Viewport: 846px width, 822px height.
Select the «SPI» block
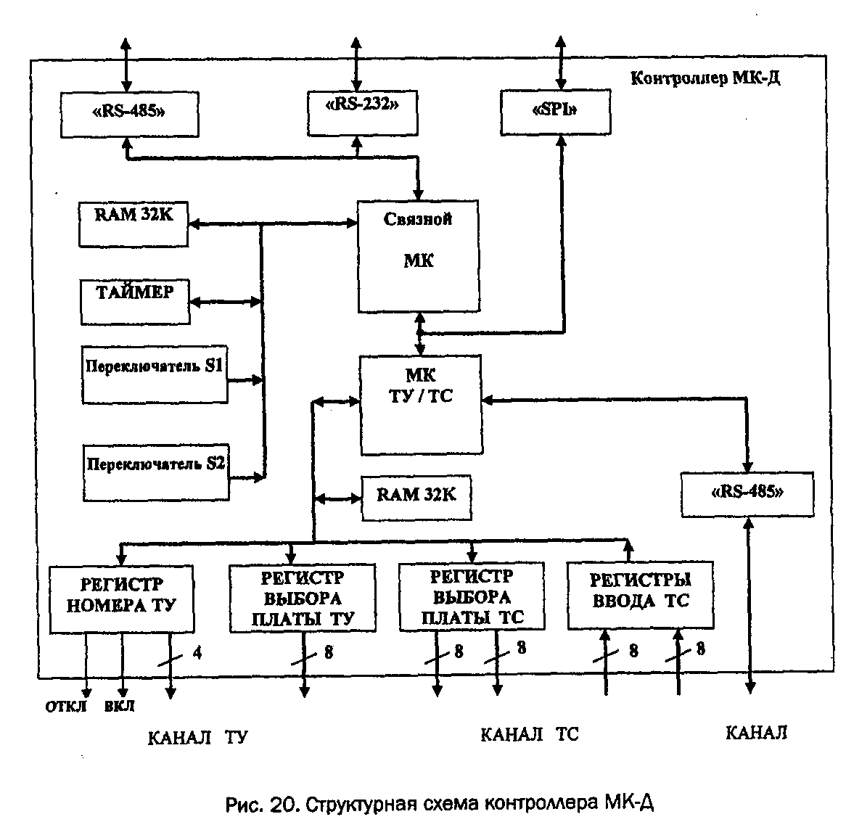(x=556, y=112)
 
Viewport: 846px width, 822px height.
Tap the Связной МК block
(x=418, y=255)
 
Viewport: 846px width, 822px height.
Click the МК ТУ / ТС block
(x=421, y=404)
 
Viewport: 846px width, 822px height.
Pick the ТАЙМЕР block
(x=135, y=301)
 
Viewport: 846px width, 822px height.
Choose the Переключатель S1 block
(x=154, y=374)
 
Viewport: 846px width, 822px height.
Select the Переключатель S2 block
(x=156, y=473)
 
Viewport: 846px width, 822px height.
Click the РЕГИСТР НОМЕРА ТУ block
(x=121, y=599)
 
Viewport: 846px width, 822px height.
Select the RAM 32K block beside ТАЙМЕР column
(x=134, y=224)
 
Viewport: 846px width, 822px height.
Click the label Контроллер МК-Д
(x=705, y=78)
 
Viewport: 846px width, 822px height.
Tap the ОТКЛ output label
(x=66, y=707)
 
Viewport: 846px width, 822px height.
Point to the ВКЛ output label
(x=119, y=707)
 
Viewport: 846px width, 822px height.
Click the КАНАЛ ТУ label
(x=197, y=738)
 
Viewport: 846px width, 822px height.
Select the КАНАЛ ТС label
(x=530, y=735)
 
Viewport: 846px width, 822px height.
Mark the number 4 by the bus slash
(x=197, y=653)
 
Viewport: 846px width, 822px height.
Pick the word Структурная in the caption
(x=357, y=805)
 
